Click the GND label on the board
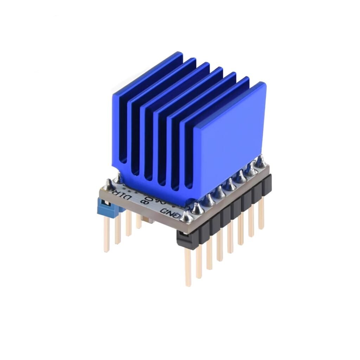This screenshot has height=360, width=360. pos(171,212)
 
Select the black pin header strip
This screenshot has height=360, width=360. pos(225,211)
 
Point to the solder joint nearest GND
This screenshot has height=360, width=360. pos(186,218)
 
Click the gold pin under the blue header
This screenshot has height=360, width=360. pos(106,236)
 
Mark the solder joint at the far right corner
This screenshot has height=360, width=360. pos(261,162)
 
